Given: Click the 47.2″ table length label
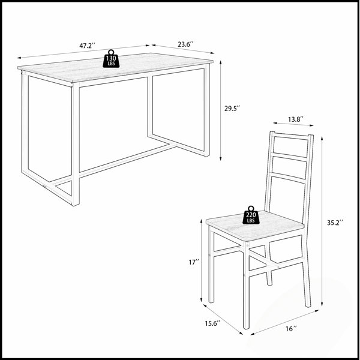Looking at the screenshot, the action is click(x=87, y=46).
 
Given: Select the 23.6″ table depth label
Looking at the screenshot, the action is click(x=185, y=44).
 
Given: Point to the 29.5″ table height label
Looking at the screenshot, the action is click(x=232, y=109).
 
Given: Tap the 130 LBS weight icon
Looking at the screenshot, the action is click(x=111, y=59).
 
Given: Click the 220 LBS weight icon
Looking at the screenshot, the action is click(x=251, y=215).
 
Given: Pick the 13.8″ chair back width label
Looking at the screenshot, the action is click(x=296, y=119).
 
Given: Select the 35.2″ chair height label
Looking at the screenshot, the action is click(x=335, y=223).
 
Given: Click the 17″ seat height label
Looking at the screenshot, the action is click(x=194, y=262).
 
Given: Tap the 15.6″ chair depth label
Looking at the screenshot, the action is click(x=212, y=323).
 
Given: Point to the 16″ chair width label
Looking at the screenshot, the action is click(x=291, y=329).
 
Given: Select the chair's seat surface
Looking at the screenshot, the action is click(x=255, y=226).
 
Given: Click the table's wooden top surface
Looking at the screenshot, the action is click(x=115, y=67).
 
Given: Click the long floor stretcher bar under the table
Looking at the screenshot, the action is click(x=113, y=164).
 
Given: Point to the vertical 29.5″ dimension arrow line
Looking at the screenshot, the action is click(x=220, y=110).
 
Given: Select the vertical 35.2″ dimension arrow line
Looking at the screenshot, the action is click(x=322, y=221).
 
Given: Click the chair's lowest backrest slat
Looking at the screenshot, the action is click(x=289, y=178).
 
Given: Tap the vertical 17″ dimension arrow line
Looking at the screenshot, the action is click(x=202, y=260).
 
